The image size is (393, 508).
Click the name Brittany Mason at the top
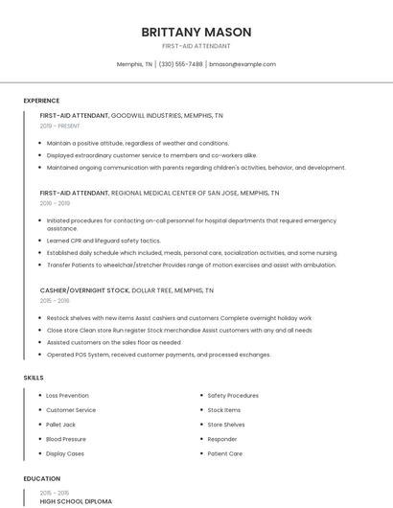(196, 32)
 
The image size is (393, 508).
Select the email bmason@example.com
(243, 64)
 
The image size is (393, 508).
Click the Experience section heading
(41, 101)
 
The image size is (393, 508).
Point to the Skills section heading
(34, 378)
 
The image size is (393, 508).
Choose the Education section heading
(41, 478)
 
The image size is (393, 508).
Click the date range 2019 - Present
(59, 126)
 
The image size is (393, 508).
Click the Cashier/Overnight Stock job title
(84, 289)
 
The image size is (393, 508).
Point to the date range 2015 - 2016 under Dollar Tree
(55, 300)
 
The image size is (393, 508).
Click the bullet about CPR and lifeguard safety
(104, 241)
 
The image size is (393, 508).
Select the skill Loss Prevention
(67, 395)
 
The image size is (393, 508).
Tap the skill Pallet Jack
(60, 424)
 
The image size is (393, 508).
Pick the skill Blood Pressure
(66, 438)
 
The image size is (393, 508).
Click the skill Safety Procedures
(233, 395)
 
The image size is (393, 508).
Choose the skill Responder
(223, 438)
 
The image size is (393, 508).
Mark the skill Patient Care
(225, 453)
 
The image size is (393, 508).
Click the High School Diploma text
(76, 500)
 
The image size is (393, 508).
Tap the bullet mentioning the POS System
(158, 354)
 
